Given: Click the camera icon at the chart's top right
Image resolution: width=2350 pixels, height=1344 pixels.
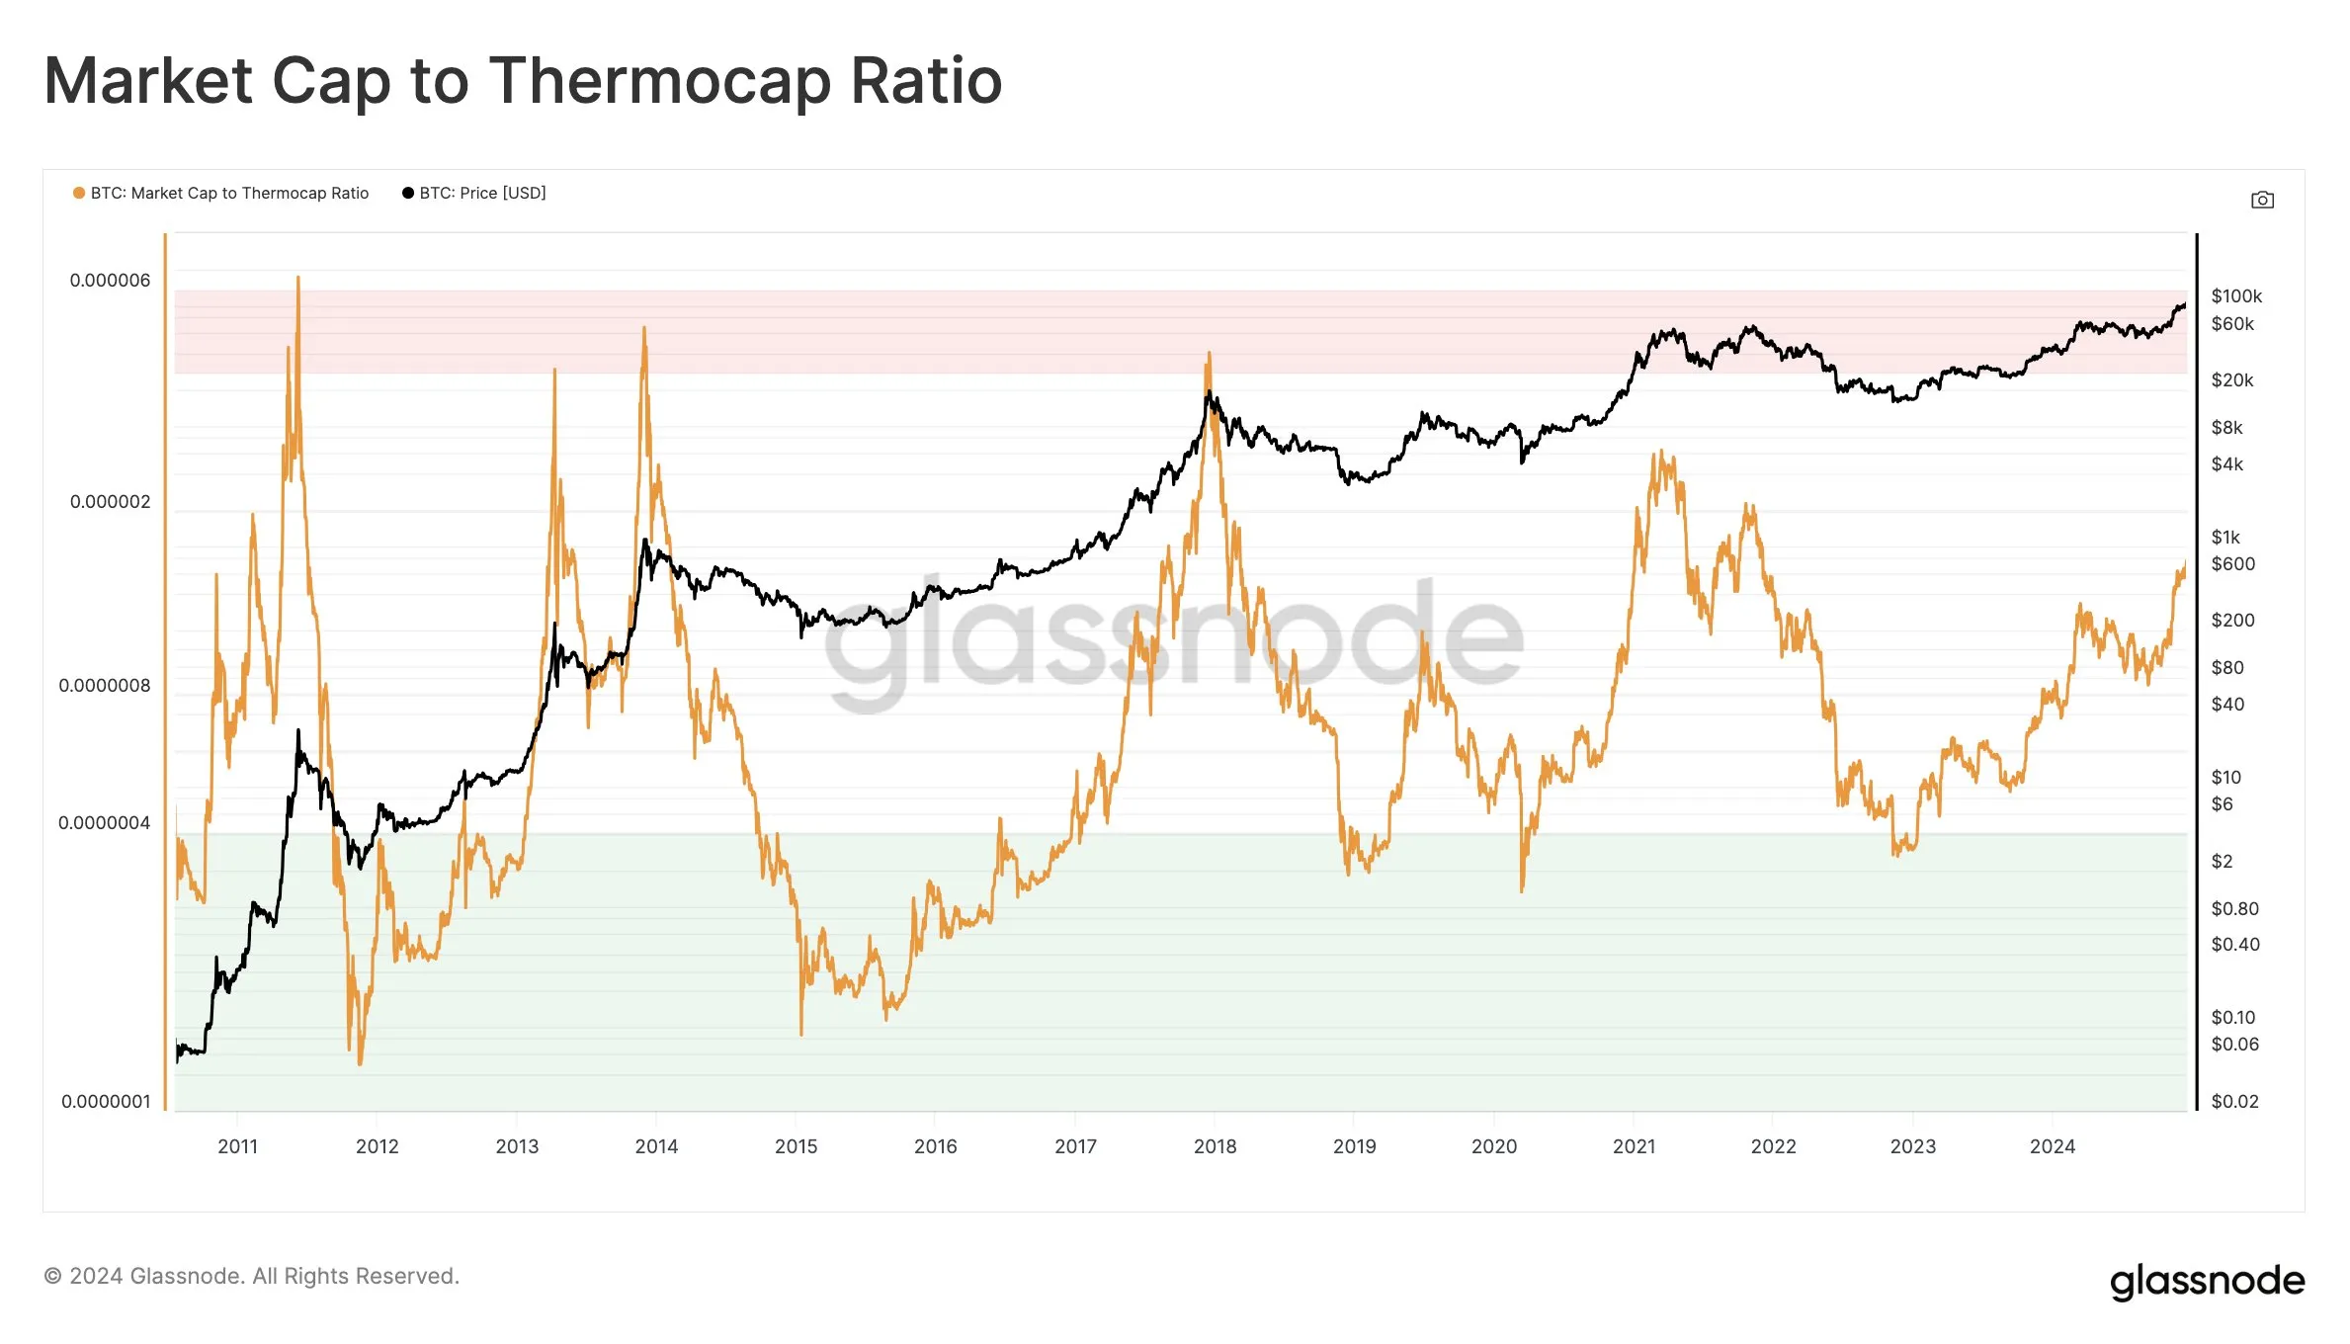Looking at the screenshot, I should click(2262, 201).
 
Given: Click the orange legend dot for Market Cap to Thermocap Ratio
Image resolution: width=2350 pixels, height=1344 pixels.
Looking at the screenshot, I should click(79, 194).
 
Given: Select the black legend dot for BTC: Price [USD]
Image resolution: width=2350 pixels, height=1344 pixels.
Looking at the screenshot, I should click(408, 194).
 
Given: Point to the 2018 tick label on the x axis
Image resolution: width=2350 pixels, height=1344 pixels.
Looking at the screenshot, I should click(1215, 1146).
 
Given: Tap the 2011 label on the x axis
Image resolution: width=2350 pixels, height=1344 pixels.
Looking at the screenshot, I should click(237, 1146).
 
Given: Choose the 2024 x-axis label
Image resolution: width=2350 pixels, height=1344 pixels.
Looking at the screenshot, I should click(2053, 1146).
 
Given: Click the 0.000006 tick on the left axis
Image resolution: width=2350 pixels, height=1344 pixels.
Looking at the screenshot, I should click(110, 281).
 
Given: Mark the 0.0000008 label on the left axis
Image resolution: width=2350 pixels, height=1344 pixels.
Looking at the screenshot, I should click(105, 686).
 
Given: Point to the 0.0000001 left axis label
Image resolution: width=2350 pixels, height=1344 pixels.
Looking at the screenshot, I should click(106, 1102).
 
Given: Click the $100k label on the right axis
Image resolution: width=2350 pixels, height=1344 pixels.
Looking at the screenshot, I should click(2236, 296).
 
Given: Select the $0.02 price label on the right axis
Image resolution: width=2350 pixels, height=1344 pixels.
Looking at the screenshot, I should click(2234, 1102).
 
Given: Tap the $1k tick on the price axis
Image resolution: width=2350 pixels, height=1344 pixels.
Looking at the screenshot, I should click(2225, 538).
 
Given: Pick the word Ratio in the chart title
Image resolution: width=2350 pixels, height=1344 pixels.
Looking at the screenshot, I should click(926, 81).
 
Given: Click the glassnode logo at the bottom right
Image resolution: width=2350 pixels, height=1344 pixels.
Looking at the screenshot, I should click(2207, 1281).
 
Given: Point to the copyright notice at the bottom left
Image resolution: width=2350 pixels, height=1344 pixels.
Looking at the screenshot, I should click(252, 1277).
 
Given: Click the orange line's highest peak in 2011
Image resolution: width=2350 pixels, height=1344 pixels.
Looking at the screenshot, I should click(297, 279).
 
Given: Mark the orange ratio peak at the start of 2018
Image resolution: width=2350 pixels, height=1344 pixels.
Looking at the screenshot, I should click(1208, 354).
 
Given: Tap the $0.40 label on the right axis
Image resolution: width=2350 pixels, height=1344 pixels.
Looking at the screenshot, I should click(2235, 945).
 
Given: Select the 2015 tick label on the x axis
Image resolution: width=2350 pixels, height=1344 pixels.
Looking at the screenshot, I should click(796, 1146).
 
